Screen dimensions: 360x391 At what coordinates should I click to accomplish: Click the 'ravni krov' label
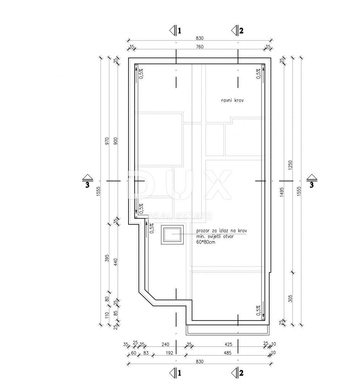(x=232, y=101)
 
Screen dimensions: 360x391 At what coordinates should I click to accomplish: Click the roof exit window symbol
(x=172, y=235)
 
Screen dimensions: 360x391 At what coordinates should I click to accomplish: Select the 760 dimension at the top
(x=200, y=47)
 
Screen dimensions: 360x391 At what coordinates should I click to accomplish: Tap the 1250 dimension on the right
(x=290, y=165)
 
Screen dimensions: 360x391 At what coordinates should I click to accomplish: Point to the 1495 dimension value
(x=281, y=192)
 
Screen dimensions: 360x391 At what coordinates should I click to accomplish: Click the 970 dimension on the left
(x=107, y=142)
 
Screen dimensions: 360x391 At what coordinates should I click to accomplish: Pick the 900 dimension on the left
(x=115, y=142)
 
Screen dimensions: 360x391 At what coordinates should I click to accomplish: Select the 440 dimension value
(x=115, y=262)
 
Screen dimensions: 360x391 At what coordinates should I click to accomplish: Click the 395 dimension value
(x=107, y=258)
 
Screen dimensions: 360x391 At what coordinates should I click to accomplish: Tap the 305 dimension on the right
(x=290, y=298)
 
